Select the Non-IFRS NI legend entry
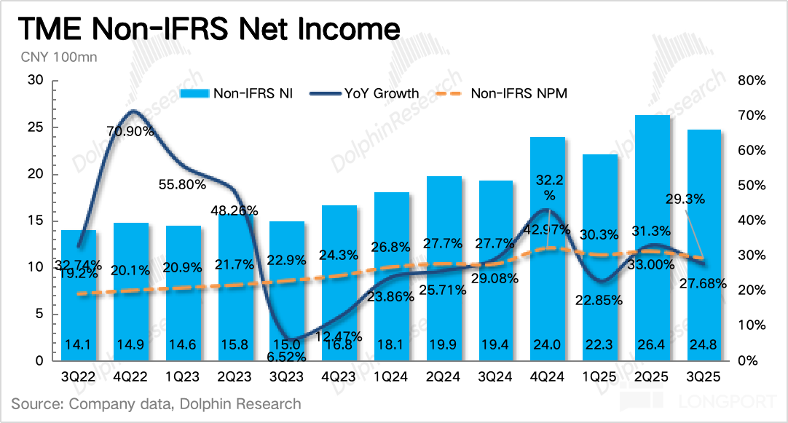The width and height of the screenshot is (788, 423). (x=236, y=93)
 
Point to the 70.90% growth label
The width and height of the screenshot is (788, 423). (x=130, y=132)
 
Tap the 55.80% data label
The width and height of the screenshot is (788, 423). (x=182, y=185)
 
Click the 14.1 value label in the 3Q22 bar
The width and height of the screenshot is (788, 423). (x=79, y=345)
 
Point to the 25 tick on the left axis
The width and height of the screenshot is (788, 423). (x=36, y=127)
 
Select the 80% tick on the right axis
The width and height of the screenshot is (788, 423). (x=751, y=81)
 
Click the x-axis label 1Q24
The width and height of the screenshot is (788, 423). (x=391, y=379)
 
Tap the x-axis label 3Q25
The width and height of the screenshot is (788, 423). (x=704, y=379)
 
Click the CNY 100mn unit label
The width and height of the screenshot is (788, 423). (x=49, y=56)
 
